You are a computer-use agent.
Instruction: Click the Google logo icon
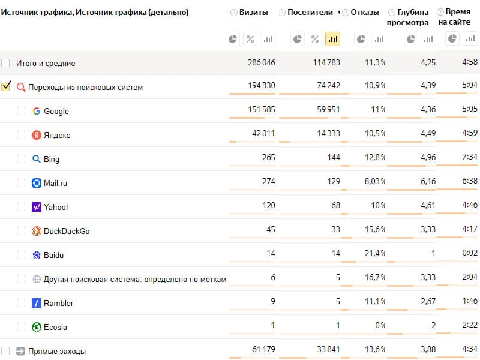37,111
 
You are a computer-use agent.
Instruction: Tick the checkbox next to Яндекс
21,134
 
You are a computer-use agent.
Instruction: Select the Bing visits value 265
268,157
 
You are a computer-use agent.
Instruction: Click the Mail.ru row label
55,183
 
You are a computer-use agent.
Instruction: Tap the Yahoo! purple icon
37,207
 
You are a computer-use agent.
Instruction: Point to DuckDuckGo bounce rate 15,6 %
374,229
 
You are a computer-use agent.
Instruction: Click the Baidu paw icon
37,255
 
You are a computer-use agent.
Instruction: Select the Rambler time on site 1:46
470,301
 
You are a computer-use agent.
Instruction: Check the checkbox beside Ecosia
21,326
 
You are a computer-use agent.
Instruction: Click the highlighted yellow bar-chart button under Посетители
333,39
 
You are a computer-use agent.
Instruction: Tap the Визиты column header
253,12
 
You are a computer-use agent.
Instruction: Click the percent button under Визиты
250,39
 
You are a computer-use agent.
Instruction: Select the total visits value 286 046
262,62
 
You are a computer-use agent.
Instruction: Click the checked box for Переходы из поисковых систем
6,86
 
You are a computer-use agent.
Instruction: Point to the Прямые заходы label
57,351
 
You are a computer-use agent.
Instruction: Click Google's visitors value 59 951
328,109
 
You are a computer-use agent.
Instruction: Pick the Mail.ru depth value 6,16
428,182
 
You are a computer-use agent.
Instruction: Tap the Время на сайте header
455,17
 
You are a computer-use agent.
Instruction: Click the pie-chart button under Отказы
361,39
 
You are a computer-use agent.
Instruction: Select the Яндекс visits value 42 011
263,133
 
